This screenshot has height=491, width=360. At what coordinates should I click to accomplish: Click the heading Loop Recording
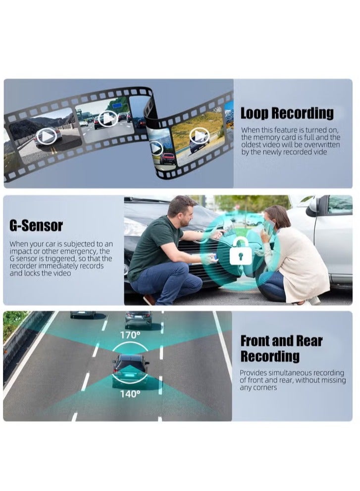click(x=287, y=113)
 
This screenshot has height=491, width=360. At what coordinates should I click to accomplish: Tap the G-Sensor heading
click(x=36, y=226)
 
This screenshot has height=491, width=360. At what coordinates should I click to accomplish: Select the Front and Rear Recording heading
click(x=281, y=348)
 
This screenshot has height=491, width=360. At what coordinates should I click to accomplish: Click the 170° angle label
click(x=130, y=335)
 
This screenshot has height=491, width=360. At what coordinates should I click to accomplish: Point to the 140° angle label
click(x=130, y=394)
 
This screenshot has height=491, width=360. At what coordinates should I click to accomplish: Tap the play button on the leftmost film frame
click(x=46, y=135)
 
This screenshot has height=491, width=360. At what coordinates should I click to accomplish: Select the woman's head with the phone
click(x=277, y=218)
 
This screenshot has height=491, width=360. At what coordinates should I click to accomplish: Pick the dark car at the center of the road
click(x=130, y=369)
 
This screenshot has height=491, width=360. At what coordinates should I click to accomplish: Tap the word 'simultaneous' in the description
click(x=288, y=373)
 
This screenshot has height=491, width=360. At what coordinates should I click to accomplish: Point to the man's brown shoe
click(x=149, y=299)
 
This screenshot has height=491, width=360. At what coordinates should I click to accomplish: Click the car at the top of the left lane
click(x=83, y=314)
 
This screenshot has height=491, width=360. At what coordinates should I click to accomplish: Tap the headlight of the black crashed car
click(x=135, y=229)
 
